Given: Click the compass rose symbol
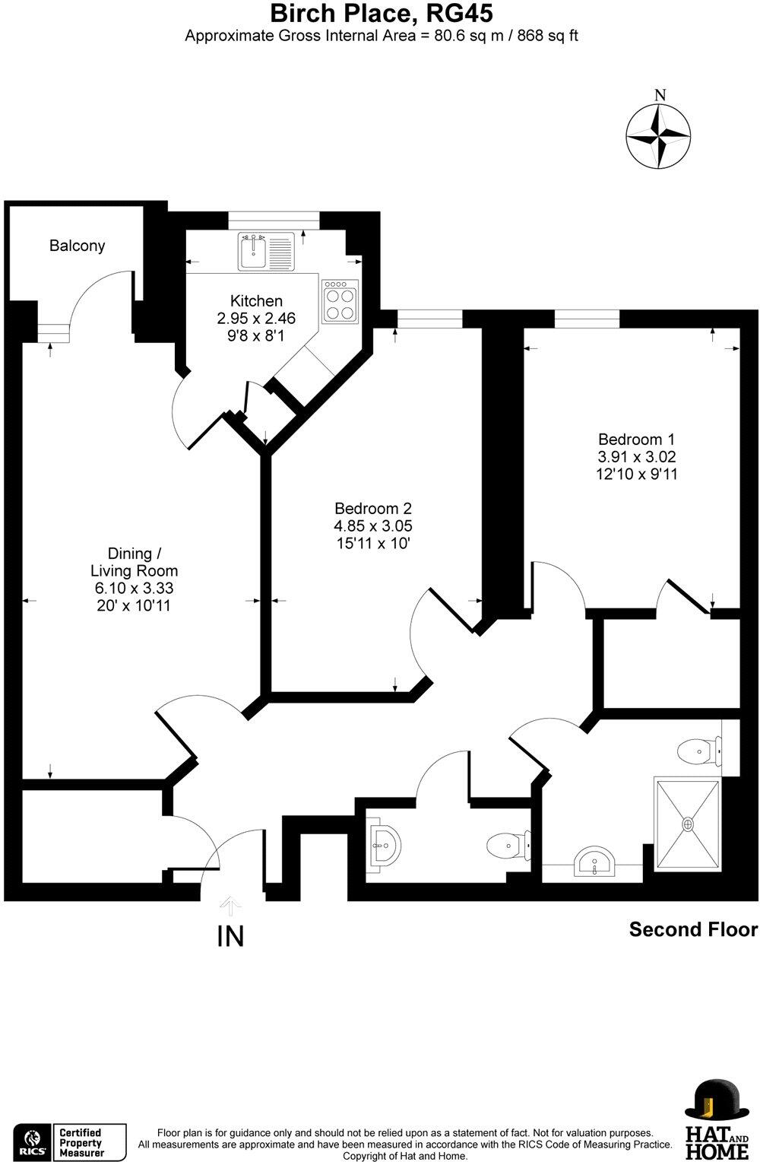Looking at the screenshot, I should click(658, 137).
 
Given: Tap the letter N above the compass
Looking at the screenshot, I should click(660, 96).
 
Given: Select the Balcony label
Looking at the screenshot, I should click(77, 246).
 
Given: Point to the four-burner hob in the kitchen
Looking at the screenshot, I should click(340, 302).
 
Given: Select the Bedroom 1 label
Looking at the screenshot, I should click(636, 439).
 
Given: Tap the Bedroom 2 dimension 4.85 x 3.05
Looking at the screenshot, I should click(373, 526).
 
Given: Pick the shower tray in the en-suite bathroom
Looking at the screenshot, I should click(687, 824).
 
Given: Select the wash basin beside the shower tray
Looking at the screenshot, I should click(594, 863).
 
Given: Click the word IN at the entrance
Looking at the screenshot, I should click(230, 936).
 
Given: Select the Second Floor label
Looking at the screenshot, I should click(692, 929).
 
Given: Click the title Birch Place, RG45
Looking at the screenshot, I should click(382, 13).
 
